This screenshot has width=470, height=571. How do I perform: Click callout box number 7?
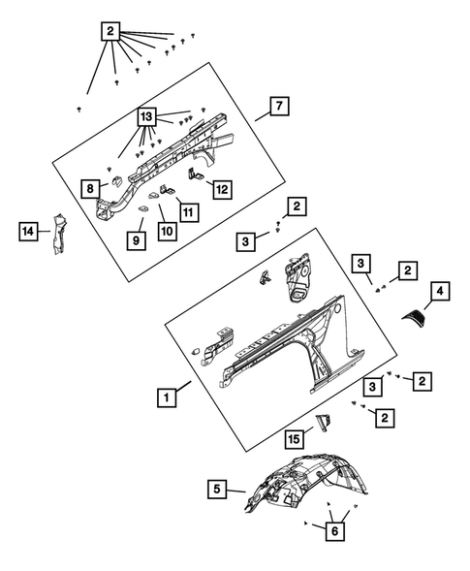point(279,106)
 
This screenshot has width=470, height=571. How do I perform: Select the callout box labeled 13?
point(146,117)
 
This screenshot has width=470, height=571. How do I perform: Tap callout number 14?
point(28,231)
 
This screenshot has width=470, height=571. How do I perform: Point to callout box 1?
point(167,397)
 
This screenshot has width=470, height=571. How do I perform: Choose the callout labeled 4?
point(440,291)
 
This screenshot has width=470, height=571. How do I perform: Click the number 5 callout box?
point(217,489)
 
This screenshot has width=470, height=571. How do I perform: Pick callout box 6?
point(335,531)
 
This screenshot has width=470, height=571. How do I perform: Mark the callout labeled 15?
point(295,439)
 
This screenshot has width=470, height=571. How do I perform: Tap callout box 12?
point(222,189)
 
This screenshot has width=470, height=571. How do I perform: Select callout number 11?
point(189,212)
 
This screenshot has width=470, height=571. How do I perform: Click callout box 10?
point(168,231)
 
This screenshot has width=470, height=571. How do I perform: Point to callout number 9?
point(137,240)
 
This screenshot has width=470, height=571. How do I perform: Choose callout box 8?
point(90,188)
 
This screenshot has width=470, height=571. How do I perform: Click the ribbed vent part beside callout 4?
point(414,315)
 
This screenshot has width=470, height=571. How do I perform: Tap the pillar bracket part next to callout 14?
point(57,234)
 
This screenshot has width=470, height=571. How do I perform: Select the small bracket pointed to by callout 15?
point(324,423)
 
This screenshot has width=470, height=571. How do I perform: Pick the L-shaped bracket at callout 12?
point(195,174)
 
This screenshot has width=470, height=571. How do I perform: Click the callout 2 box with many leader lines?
point(110,31)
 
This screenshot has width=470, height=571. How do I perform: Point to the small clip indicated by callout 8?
point(117,181)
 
